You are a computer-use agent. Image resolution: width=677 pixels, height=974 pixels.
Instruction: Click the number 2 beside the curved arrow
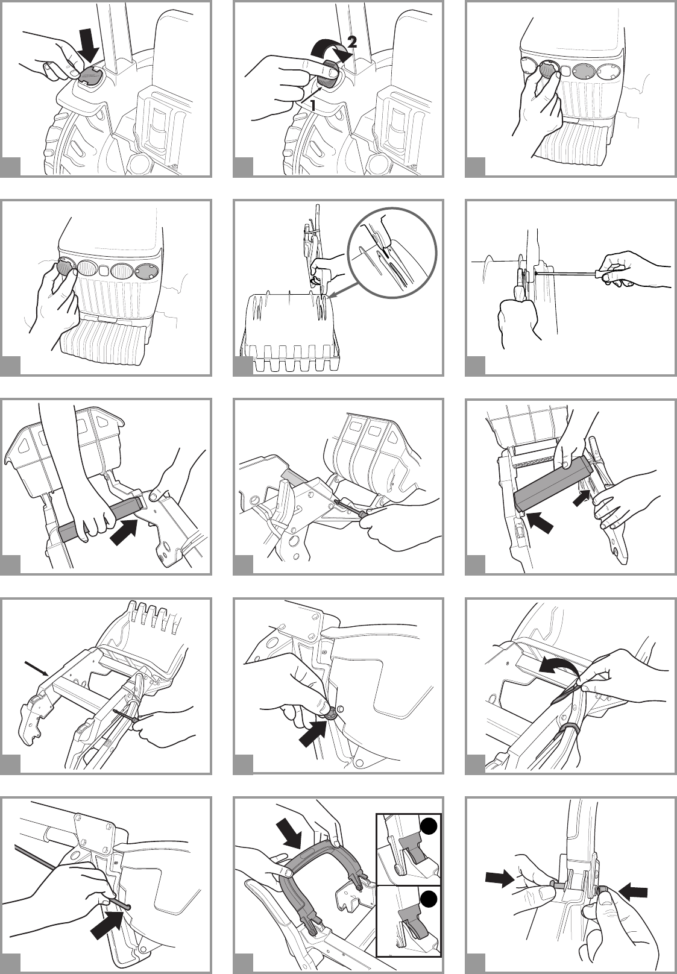(351, 42)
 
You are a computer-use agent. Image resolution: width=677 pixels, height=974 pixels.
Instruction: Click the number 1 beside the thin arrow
(312, 105)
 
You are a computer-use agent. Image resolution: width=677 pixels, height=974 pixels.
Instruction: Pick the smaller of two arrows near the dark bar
(582, 497)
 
